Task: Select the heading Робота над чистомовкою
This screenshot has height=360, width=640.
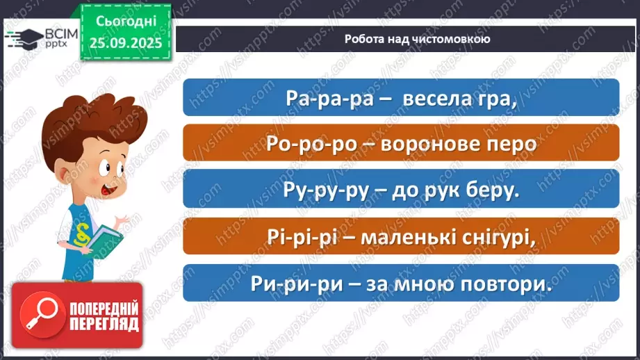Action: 417,39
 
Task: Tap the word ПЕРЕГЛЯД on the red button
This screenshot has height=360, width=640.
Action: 103,325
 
